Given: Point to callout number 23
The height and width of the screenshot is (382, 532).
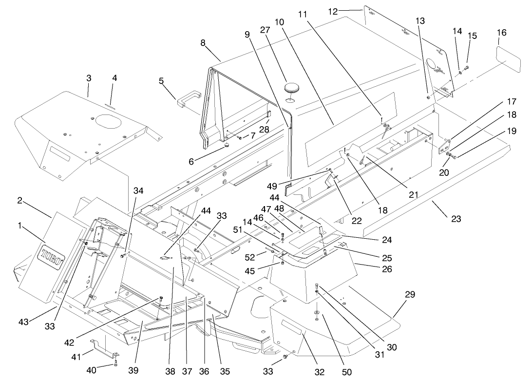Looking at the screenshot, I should coord(456,219).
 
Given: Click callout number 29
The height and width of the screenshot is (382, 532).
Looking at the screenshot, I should coord(410,294).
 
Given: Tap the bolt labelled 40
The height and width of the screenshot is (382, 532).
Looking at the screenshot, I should coord(115,363).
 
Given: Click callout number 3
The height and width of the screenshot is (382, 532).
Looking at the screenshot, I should coord(88,78).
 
